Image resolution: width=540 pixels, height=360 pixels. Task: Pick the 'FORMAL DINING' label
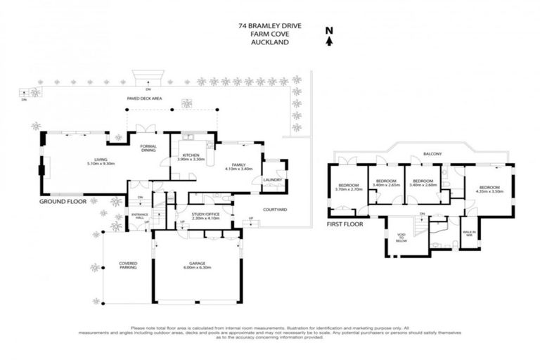click(x=148, y=148)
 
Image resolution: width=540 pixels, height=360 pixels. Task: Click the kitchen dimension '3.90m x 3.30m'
click(x=192, y=160)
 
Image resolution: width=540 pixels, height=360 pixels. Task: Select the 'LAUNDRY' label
click(x=272, y=180)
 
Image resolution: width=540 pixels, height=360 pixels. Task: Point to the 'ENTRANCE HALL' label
click(x=139, y=215)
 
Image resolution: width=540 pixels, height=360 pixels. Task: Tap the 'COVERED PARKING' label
click(x=128, y=266)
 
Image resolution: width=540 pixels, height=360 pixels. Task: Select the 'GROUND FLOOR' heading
click(x=63, y=201)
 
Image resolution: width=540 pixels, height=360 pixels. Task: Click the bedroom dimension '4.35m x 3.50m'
click(x=489, y=191)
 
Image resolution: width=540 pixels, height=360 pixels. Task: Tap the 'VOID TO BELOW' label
click(x=401, y=238)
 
